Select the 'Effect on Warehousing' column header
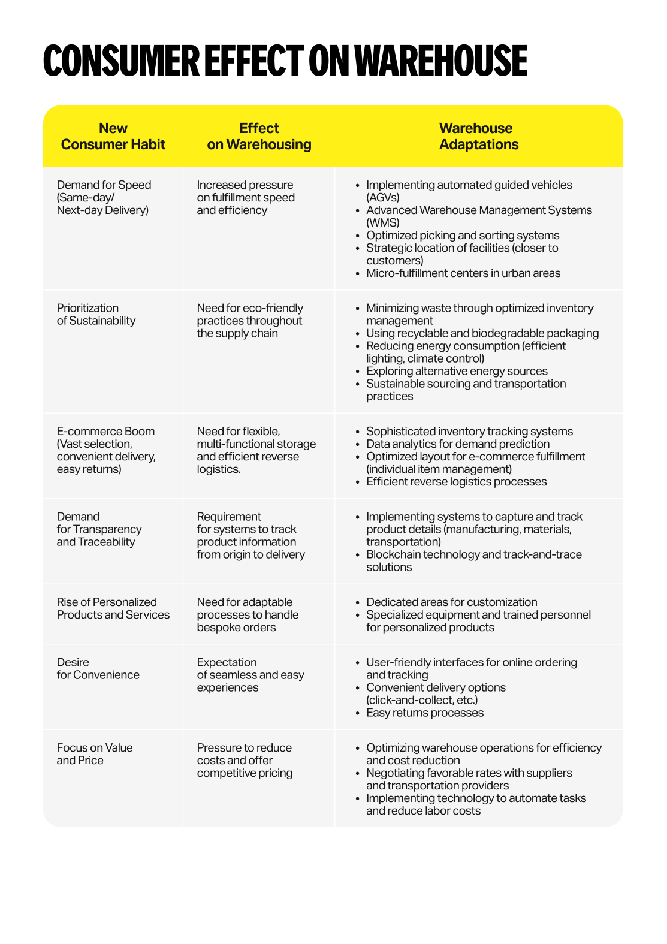click(259, 137)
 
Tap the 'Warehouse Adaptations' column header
click(478, 137)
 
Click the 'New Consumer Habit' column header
click(113, 137)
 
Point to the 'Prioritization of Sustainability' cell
click(96, 315)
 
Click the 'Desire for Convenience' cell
click(98, 669)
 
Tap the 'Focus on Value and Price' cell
click(94, 754)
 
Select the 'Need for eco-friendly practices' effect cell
click(249, 321)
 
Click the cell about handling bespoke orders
click(248, 615)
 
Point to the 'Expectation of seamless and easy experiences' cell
click(250, 675)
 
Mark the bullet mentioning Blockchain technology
click(473, 561)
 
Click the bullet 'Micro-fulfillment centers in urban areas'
click(463, 273)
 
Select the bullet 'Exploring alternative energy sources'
click(457, 372)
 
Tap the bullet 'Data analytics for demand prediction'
click(458, 444)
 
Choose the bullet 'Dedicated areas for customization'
click(451, 602)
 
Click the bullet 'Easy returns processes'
click(425, 713)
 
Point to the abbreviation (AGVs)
click(382, 198)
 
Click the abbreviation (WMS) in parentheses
click(382, 223)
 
